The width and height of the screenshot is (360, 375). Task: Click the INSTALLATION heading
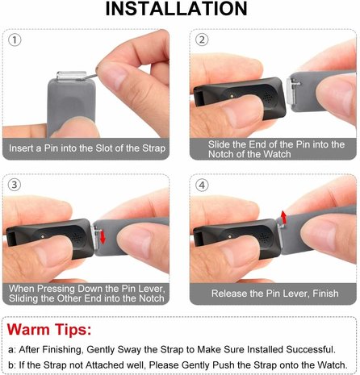click(179, 10)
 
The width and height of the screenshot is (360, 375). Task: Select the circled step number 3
click(15, 184)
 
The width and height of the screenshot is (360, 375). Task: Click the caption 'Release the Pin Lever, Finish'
click(270, 294)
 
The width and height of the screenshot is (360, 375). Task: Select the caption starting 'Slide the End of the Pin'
click(270, 148)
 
